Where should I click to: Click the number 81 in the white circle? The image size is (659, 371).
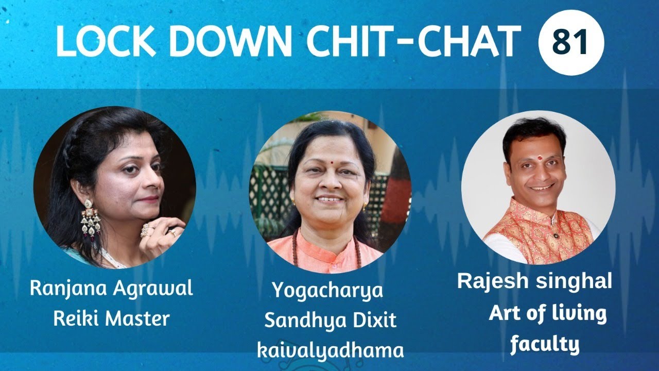570,43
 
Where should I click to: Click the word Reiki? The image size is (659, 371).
78,318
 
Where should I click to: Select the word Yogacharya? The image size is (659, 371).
327,291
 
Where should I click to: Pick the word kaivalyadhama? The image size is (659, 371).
330,350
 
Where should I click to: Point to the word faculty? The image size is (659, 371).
545,344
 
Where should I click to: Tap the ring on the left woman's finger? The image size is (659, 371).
147,230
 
